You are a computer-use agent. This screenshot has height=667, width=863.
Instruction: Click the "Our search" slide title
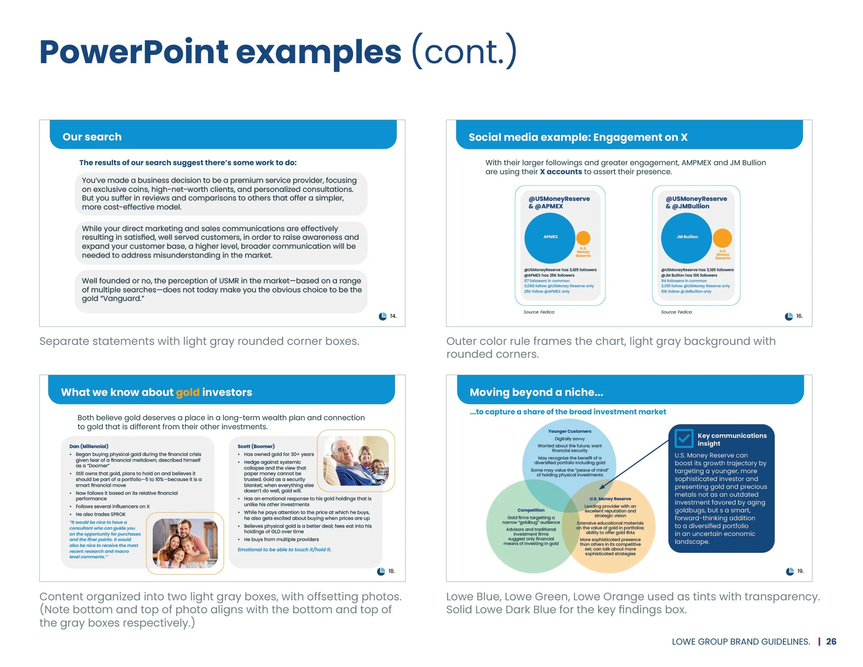(x=92, y=137)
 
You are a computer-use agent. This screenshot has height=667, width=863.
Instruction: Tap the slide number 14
(x=393, y=316)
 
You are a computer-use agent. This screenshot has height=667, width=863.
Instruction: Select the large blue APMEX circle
(x=550, y=238)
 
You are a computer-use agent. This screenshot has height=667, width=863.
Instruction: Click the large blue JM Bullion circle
(x=686, y=238)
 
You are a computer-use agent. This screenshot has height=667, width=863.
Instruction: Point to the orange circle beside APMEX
(x=583, y=238)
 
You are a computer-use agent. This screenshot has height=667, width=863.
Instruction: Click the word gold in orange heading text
(x=188, y=392)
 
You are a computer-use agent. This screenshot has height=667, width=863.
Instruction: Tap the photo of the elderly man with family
(x=356, y=461)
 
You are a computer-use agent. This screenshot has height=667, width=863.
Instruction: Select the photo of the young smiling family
(x=185, y=543)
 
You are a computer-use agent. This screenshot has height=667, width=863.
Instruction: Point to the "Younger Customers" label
(x=570, y=432)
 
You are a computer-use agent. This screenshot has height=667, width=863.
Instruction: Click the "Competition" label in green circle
(x=531, y=510)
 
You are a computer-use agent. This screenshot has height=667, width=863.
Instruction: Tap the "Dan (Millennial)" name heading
(x=89, y=446)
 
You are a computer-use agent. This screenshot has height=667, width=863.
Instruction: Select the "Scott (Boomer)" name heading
(x=256, y=446)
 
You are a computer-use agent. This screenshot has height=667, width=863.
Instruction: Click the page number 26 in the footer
(x=831, y=641)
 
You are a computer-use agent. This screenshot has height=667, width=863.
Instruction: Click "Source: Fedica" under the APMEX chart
(x=539, y=312)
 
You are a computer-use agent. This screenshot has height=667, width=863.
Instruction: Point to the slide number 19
(x=800, y=571)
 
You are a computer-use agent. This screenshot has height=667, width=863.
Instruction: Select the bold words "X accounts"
(x=561, y=172)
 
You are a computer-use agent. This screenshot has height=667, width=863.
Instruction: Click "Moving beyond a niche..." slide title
(x=536, y=392)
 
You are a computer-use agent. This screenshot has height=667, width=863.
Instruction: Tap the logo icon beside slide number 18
(x=381, y=571)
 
